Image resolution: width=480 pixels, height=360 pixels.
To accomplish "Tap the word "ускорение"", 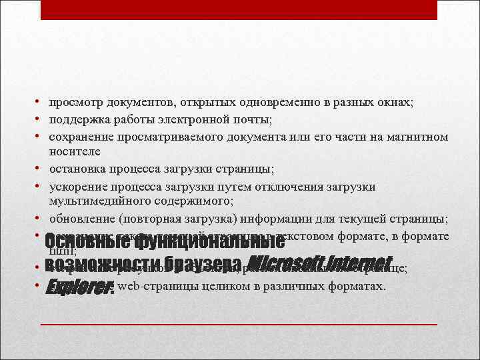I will pos(73,187).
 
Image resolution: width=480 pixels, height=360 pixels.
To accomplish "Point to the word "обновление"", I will pos(78,219).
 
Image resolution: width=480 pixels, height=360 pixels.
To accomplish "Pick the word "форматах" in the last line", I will pos(358,287).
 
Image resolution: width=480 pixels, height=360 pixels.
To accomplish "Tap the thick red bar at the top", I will pos(239,10).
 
